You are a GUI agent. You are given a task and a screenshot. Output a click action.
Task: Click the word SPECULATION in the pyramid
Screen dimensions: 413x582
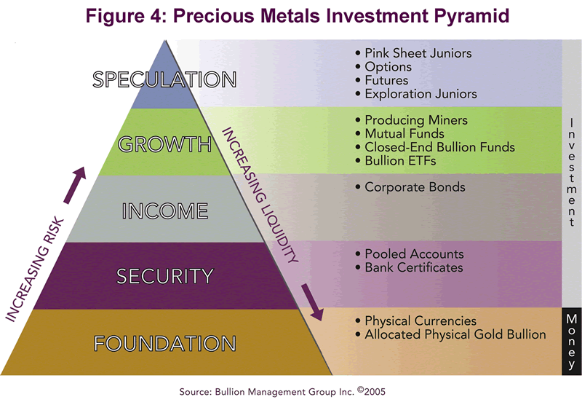pos(164,79)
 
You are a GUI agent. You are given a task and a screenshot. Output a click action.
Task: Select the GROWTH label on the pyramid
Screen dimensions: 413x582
pos(164,144)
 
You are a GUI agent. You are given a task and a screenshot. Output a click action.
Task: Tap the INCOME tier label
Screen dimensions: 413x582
pos(165,211)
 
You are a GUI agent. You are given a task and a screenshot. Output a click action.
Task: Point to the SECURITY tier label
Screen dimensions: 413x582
pos(165,276)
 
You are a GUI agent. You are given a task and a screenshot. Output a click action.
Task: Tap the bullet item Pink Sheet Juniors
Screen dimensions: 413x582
pos(413,53)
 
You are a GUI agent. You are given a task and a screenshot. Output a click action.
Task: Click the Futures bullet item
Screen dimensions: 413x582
pos(386,80)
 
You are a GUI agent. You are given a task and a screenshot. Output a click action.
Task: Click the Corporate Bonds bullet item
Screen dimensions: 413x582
pos(410,187)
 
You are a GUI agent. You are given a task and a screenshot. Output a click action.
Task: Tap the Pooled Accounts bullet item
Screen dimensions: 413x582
pos(410,254)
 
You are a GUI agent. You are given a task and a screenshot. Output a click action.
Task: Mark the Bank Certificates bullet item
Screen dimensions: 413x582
pos(409,268)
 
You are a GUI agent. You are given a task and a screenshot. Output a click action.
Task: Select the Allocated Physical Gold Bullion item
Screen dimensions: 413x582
pos(450,334)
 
